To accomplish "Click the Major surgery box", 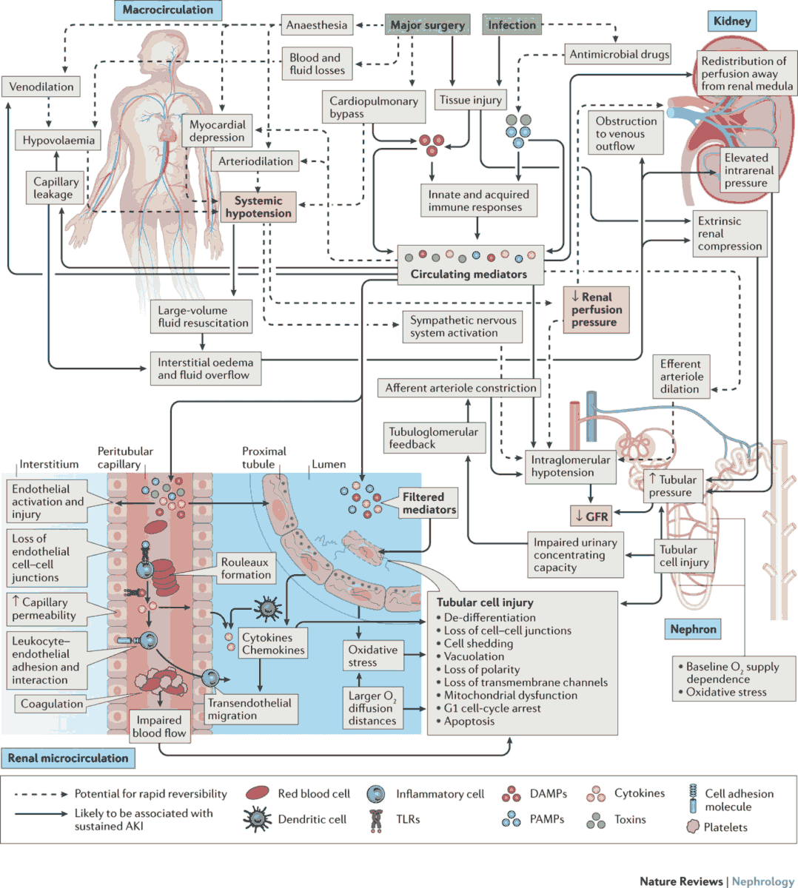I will tap(427, 25).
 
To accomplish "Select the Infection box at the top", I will tap(512, 25).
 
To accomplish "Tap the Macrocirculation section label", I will tap(168, 10).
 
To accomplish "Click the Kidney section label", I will tap(731, 21).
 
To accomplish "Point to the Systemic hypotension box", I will tap(258, 207).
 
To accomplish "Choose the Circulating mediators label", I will tap(469, 274).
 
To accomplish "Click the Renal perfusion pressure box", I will tap(596, 309).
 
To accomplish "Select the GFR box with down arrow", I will tap(591, 517).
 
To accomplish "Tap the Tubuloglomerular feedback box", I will tap(434, 438).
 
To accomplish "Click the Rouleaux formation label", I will tap(246, 568).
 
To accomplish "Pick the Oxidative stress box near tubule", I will tap(372, 656).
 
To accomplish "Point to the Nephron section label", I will tap(693, 629).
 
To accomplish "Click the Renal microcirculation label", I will tap(68, 758).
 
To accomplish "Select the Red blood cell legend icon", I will tap(257, 793).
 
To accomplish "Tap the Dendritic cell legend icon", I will tap(257, 818).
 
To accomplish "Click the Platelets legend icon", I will tap(693, 827).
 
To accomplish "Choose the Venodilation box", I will tap(41, 87).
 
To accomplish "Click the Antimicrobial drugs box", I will tap(619, 54).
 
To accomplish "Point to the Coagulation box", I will tap(52, 704).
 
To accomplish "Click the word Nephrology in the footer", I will tap(762, 881).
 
